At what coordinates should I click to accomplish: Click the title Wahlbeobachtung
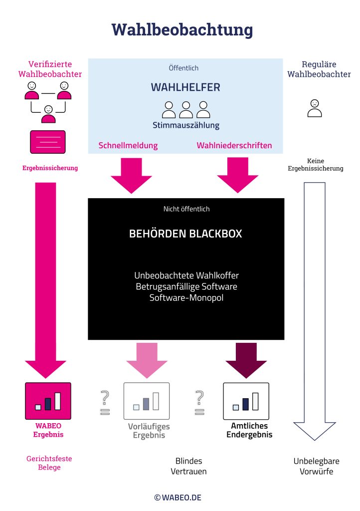pos(181,29)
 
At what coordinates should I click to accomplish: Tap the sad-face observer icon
pos(315,108)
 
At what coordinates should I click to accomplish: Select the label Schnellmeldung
pos(128,146)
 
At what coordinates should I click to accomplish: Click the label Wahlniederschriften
pos(234,146)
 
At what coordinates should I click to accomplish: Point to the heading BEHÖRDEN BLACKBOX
pos(185,234)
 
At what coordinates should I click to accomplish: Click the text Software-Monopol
pos(185,297)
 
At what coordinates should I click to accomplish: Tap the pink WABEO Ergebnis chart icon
pos(48,401)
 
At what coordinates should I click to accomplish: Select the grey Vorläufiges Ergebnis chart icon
pos(146,401)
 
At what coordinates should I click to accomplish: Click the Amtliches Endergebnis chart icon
pos(246,401)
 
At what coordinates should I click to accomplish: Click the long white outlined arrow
pos(314,309)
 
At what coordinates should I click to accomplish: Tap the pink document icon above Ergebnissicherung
pos(48,142)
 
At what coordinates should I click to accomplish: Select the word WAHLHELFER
pos(185,87)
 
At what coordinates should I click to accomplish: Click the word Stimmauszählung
pos(185,125)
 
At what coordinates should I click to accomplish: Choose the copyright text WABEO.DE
pos(178,498)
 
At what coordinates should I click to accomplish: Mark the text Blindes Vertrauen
pos(188,466)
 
